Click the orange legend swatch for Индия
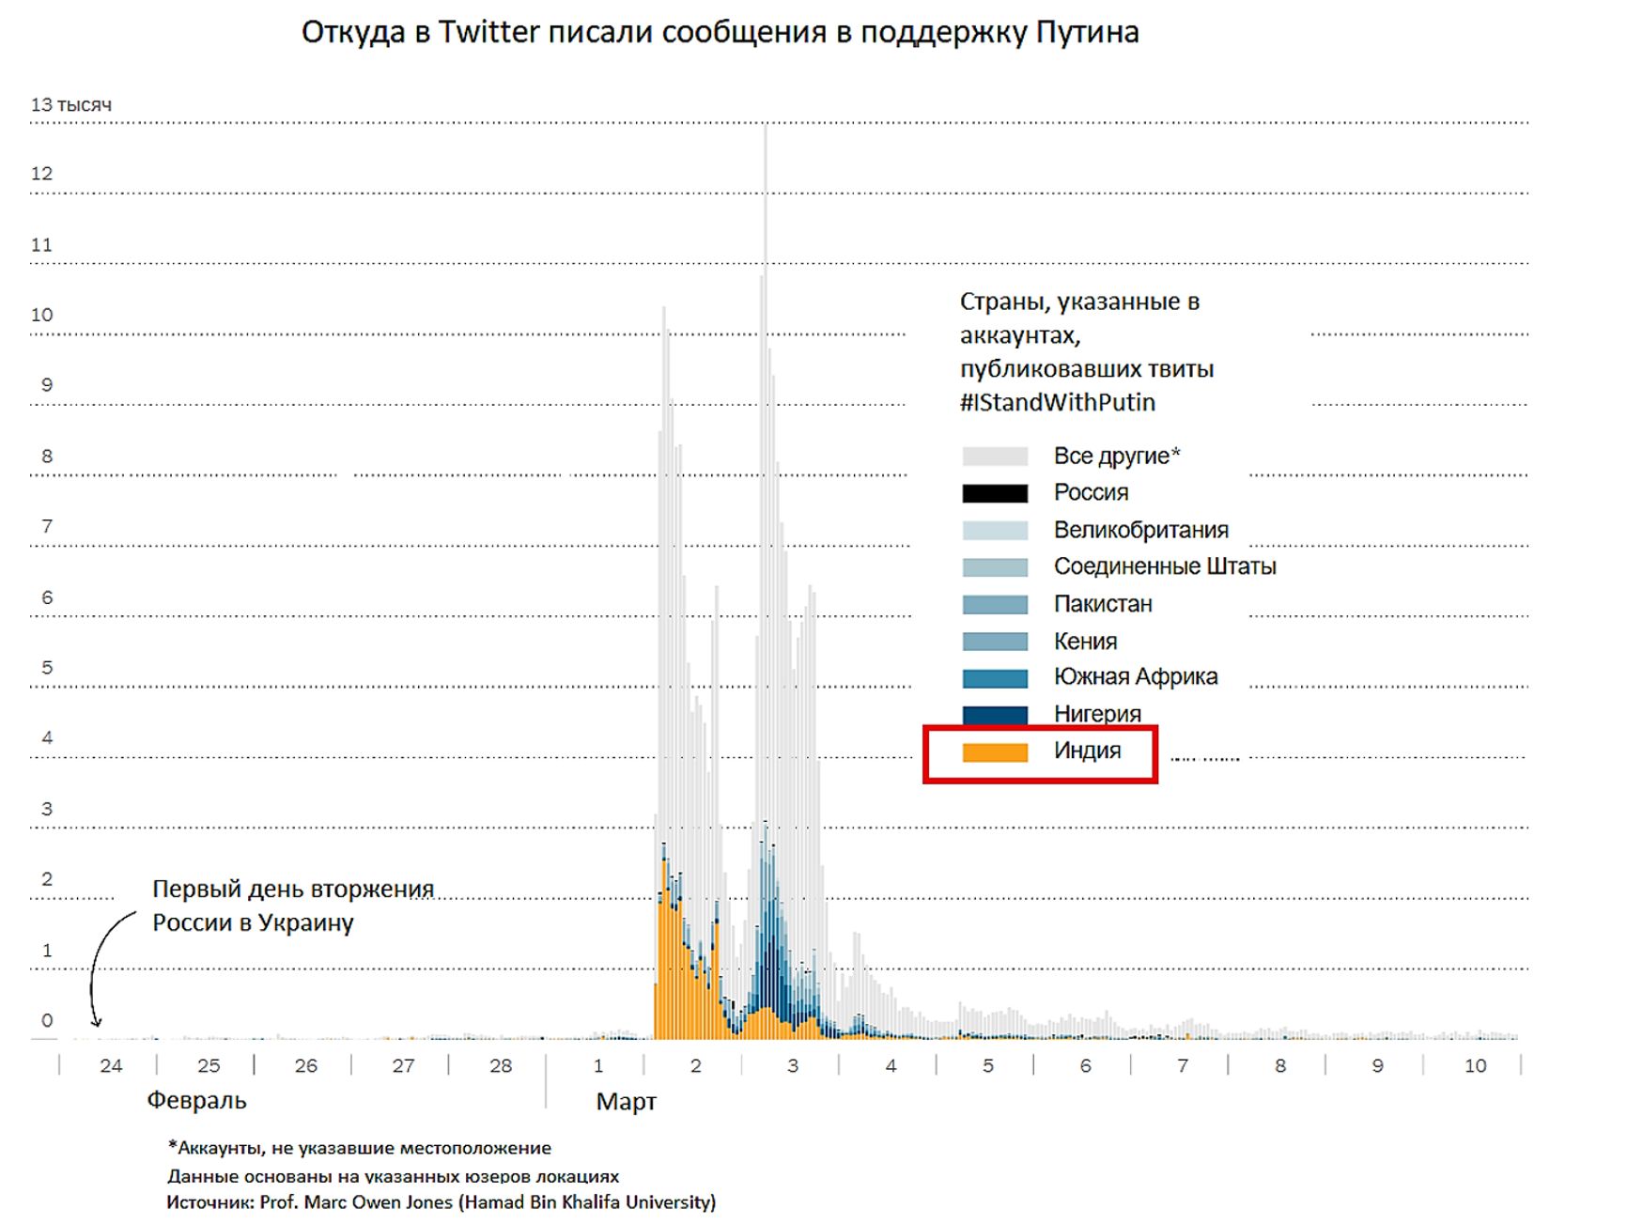click(995, 752)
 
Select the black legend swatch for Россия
click(995, 493)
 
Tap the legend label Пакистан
click(1103, 604)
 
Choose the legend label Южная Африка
click(1135, 677)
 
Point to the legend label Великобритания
click(1140, 530)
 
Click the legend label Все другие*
click(1116, 457)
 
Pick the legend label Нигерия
click(1097, 714)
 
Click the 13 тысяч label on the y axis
click(71, 105)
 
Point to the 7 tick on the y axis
click(47, 526)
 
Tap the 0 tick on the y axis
click(47, 1020)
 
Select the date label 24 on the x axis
click(111, 1066)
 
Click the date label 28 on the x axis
click(501, 1066)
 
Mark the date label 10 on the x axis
click(1475, 1066)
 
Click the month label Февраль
click(196, 1101)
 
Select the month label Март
click(626, 1102)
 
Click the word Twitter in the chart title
click(488, 33)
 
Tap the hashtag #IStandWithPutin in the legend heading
click(1057, 403)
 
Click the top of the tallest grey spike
click(766, 127)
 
